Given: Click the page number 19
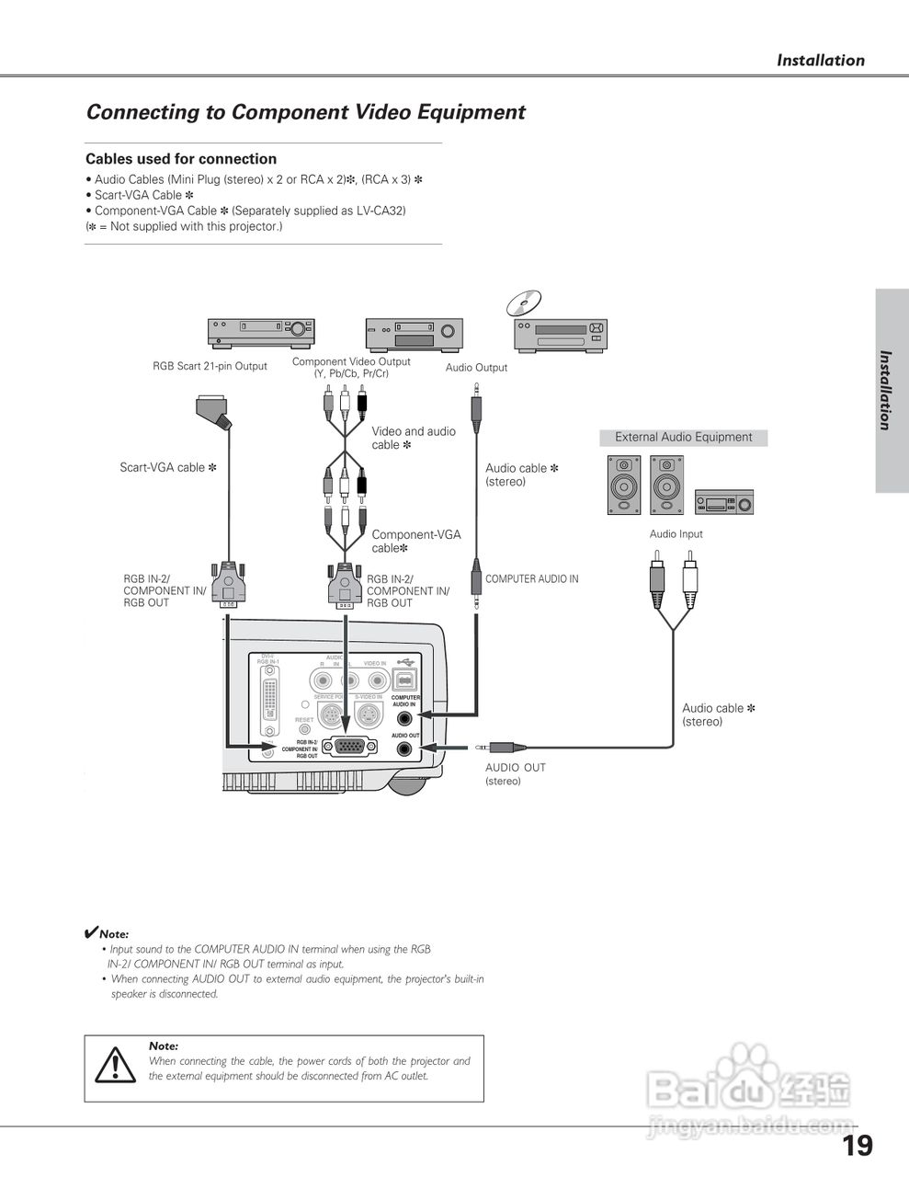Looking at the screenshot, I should click(857, 1146).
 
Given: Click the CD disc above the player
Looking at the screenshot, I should click(523, 303).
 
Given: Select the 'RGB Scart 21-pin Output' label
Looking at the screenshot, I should click(210, 366).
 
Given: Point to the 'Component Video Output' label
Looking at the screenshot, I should click(351, 367).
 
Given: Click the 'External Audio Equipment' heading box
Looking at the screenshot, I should click(683, 438).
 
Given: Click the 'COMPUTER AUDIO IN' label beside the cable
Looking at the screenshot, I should click(532, 579).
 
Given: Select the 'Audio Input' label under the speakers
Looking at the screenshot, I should click(676, 534).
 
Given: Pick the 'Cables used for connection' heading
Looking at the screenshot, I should click(181, 159).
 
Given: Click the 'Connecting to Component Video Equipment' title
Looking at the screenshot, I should click(305, 112).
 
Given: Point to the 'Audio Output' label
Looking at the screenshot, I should click(476, 368).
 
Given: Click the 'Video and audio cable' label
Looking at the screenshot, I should click(413, 438).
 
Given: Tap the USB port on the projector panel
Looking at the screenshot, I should click(405, 680).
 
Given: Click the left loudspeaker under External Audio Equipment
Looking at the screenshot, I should click(623, 484).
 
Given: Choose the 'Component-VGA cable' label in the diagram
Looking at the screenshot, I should click(415, 541).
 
